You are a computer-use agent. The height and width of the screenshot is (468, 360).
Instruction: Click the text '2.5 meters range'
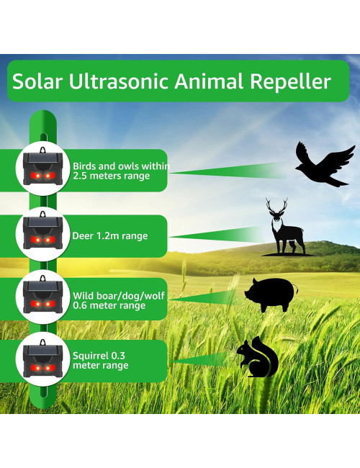(111, 176)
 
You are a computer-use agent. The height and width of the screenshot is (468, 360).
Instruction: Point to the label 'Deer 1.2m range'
(110, 235)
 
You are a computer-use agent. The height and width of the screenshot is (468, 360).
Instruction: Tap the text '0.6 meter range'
(109, 305)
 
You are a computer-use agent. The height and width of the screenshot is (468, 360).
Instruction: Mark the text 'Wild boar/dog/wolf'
(117, 295)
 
